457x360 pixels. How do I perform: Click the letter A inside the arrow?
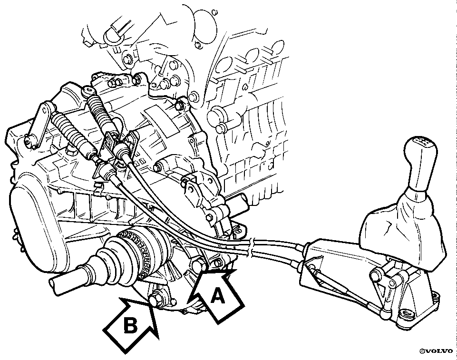pos(218,296)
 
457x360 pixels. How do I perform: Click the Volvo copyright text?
pos(436,351)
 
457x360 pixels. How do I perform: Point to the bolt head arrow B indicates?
pos(154,298)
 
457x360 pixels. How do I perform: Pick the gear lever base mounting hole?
pos(406,313)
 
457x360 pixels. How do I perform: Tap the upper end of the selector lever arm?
pos(47,108)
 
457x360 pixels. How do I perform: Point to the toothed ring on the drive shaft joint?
pos(137,251)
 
